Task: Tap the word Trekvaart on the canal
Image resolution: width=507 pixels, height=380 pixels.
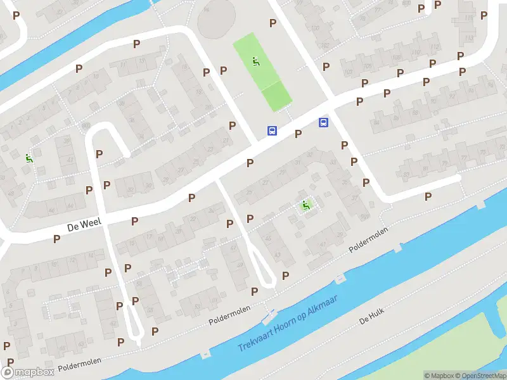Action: point(259,340)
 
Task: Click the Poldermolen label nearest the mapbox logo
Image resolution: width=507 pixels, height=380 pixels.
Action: point(79,365)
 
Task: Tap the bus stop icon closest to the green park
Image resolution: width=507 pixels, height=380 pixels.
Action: point(272,131)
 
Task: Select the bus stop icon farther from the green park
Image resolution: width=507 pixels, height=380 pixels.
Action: point(323,122)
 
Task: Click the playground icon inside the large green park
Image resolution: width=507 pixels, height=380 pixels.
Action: point(256,61)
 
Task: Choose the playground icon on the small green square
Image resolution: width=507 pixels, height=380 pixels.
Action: point(305,205)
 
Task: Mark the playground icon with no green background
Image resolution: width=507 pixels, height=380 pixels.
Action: point(28,158)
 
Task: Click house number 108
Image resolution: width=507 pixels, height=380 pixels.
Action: point(396,58)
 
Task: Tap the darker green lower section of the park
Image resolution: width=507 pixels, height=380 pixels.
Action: point(276,96)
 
